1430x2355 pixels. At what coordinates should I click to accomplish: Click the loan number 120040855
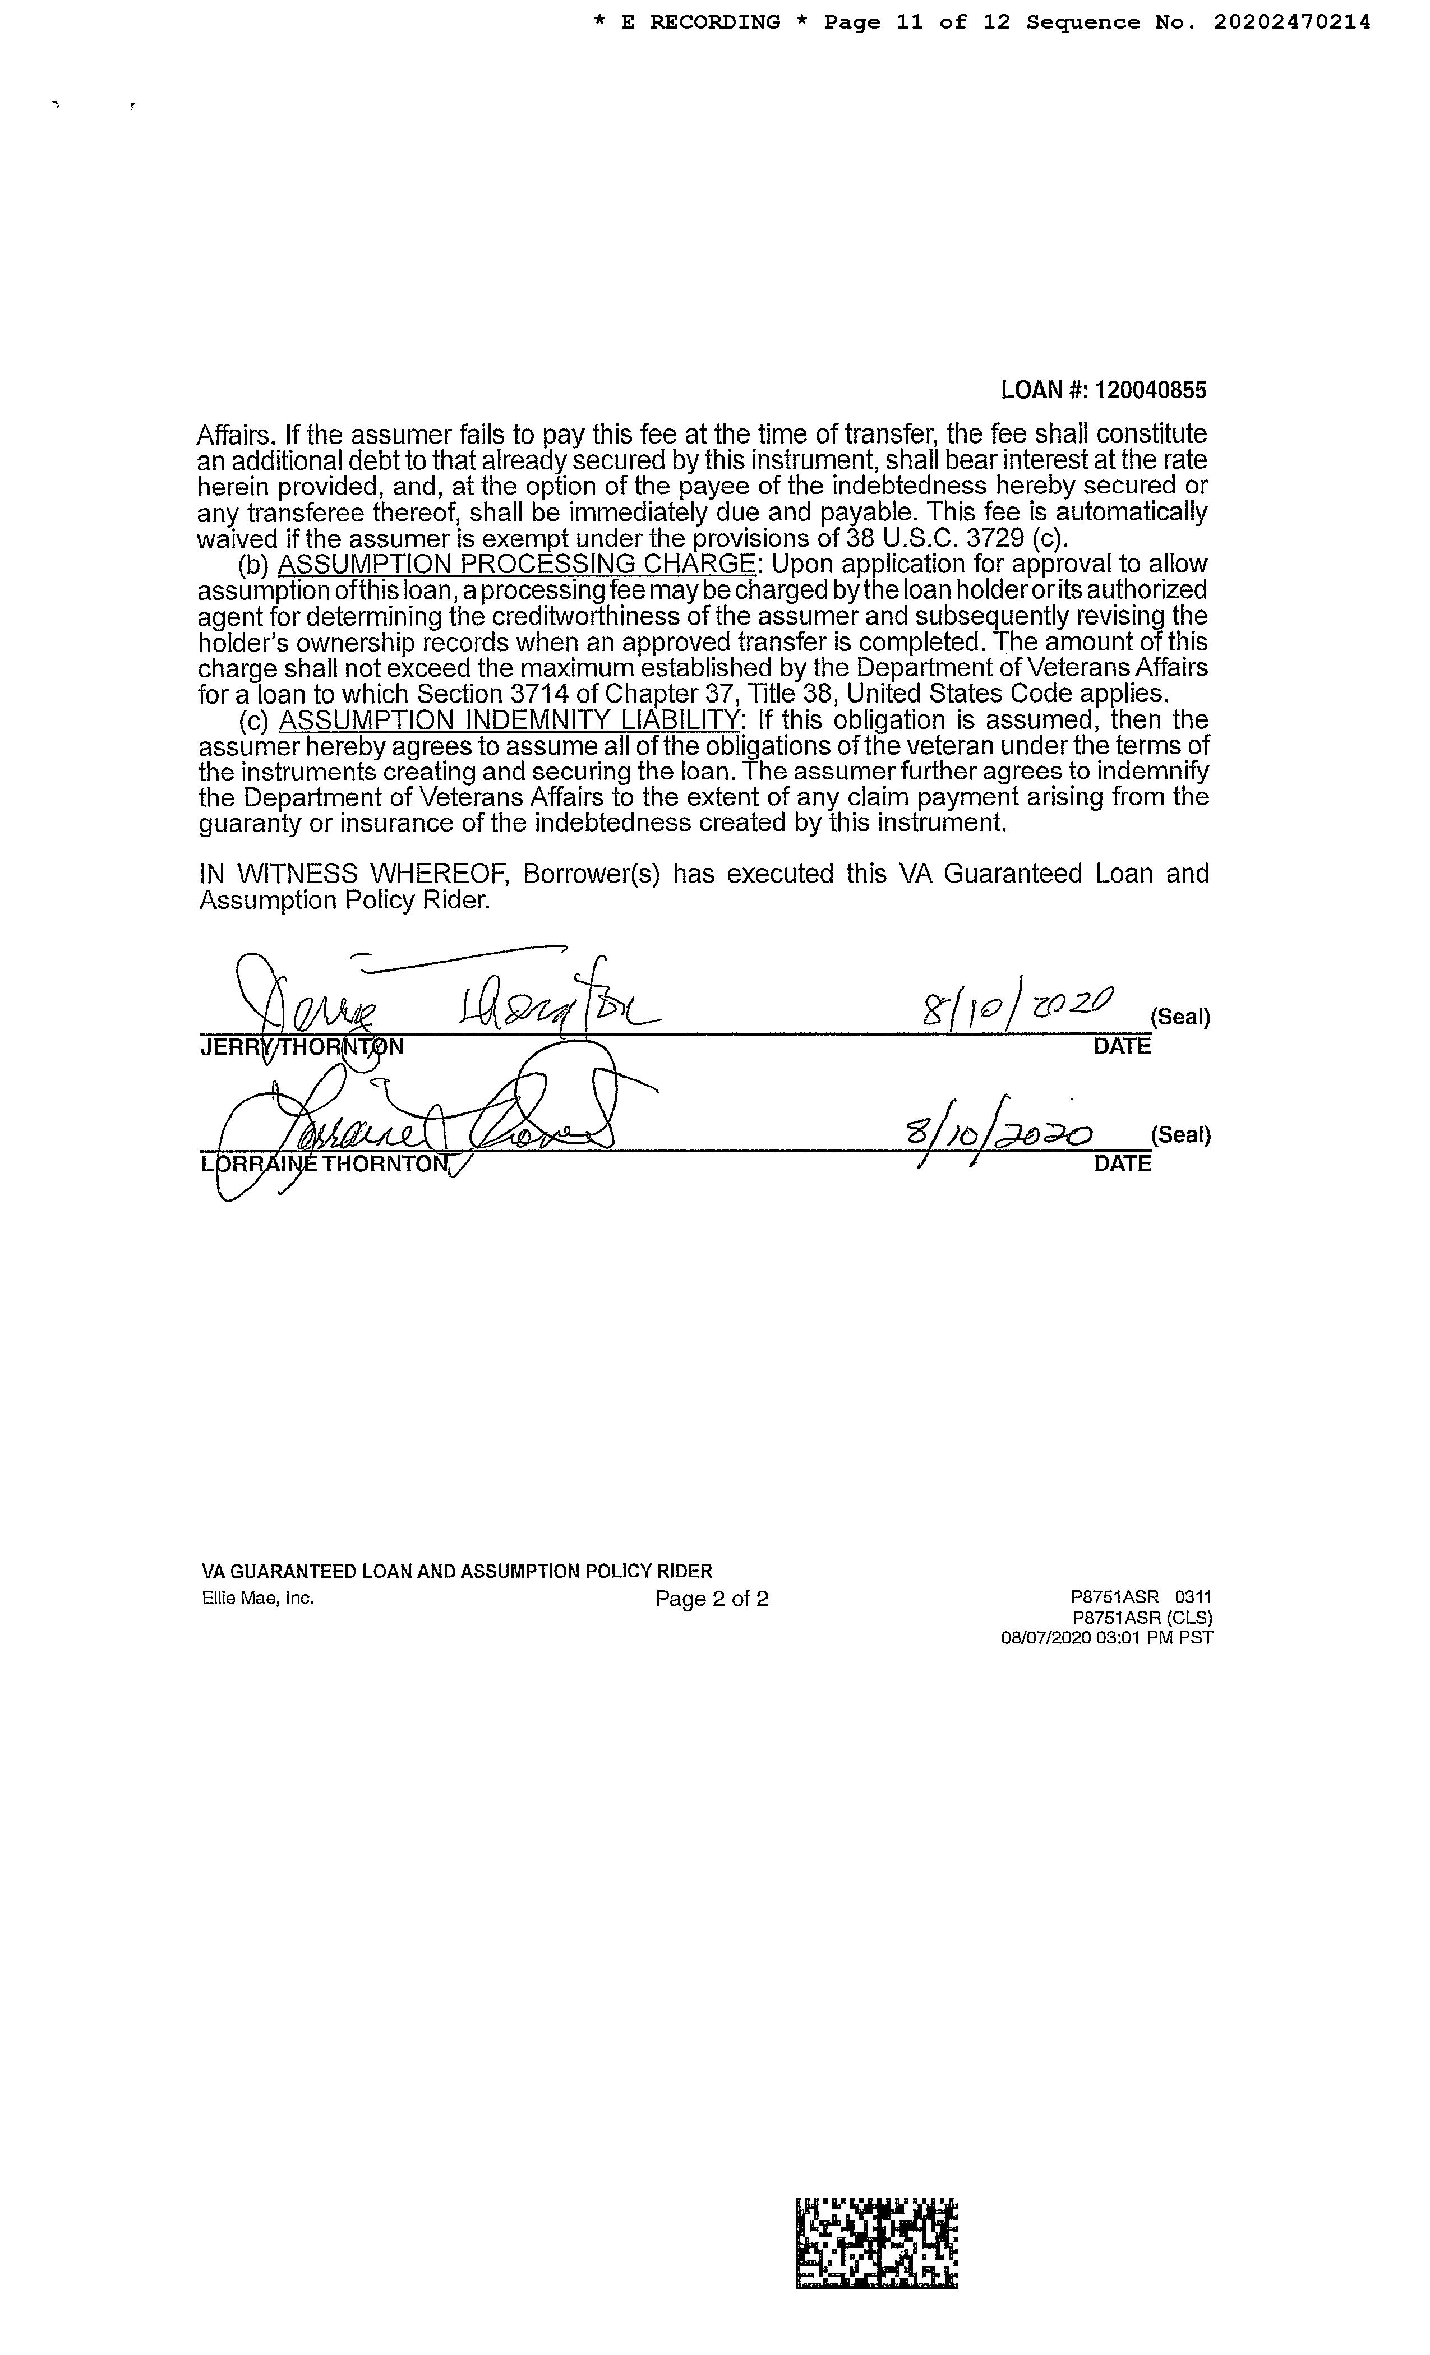click(1150, 390)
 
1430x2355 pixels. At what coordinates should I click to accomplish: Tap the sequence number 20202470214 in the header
click(1293, 22)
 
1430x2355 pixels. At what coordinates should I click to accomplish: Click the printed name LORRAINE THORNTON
click(325, 1164)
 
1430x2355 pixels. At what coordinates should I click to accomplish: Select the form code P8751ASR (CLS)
click(1142, 1618)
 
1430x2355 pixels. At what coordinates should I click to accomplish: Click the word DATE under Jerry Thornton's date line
click(1122, 1046)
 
